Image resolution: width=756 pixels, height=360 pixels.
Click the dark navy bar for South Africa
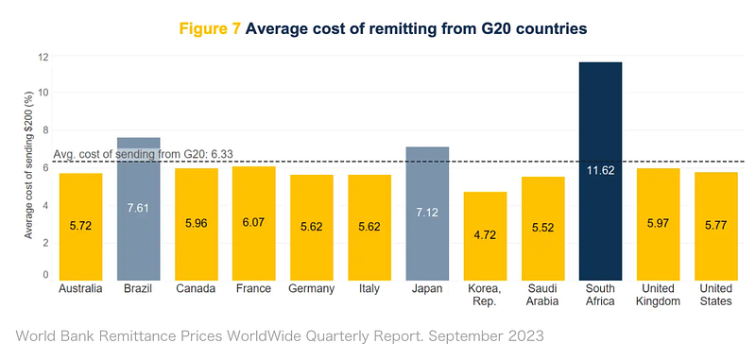click(x=600, y=171)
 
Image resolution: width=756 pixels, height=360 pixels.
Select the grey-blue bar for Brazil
click(x=138, y=209)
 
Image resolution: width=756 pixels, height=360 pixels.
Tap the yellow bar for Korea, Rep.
click(x=485, y=236)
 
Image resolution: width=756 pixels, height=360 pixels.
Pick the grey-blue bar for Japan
click(x=427, y=214)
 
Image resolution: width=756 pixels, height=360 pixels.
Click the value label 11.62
click(x=600, y=170)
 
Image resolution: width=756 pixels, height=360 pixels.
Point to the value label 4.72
click(x=485, y=235)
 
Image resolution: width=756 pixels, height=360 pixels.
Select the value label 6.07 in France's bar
click(x=254, y=223)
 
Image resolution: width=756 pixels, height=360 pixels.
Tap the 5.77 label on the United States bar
click(x=716, y=225)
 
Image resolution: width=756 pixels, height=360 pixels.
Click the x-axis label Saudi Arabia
click(x=542, y=295)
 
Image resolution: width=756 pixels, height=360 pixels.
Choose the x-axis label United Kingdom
click(x=658, y=295)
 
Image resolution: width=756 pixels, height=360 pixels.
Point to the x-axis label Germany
click(x=312, y=289)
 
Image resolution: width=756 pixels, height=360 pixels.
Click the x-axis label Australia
click(x=80, y=289)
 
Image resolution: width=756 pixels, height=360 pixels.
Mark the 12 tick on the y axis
click(x=43, y=57)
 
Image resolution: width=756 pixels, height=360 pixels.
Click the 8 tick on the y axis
click(x=46, y=130)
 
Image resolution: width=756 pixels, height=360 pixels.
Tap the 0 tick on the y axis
click(x=46, y=275)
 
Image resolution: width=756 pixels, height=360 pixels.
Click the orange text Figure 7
click(x=210, y=28)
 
